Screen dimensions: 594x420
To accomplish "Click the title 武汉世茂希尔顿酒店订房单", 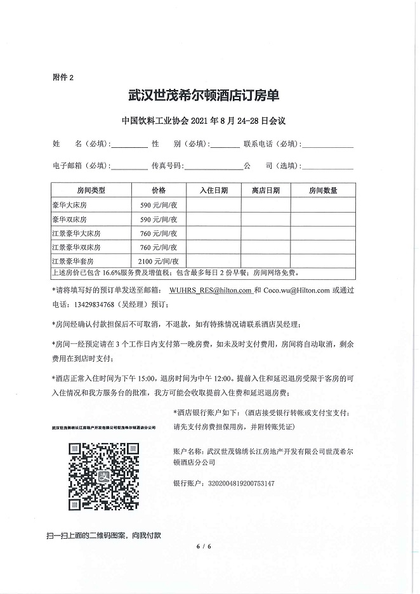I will click(x=203, y=96).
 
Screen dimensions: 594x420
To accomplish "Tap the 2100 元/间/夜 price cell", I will click(x=158, y=261).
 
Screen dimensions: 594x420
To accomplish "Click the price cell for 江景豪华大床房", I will click(x=158, y=233).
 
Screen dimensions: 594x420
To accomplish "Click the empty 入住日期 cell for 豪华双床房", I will click(x=213, y=219).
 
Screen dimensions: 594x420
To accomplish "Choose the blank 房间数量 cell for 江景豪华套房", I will click(x=322, y=261).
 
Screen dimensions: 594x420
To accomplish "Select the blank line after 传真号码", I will click(x=213, y=168).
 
